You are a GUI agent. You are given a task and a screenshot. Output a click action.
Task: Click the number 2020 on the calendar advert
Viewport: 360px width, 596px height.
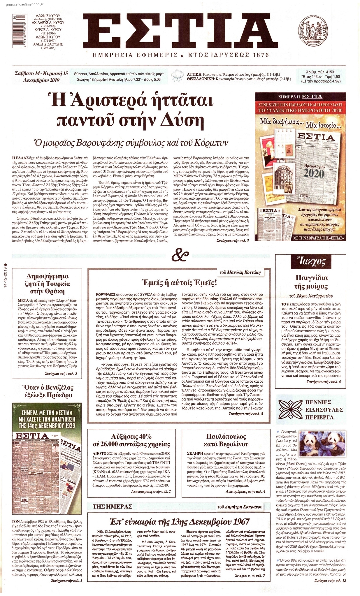point(310,174)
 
